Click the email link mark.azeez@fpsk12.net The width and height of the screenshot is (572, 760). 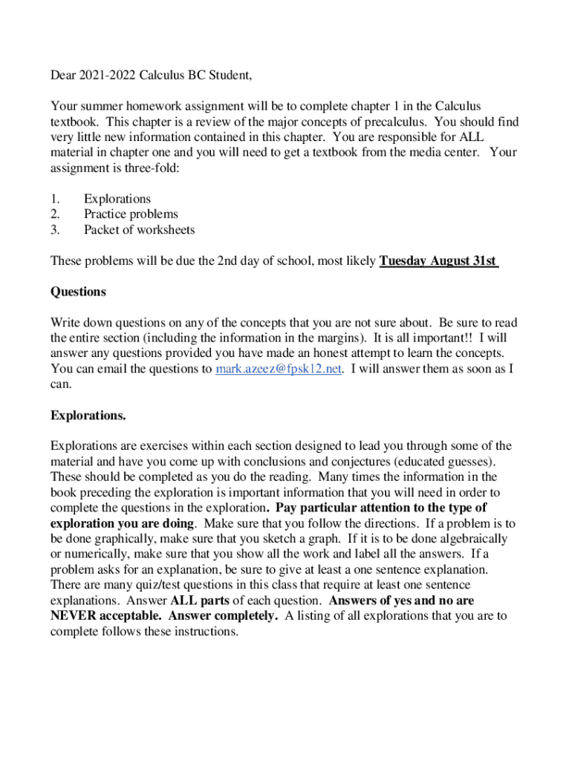tap(279, 369)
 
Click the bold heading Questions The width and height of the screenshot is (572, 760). tap(78, 292)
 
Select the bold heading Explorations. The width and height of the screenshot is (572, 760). tap(88, 416)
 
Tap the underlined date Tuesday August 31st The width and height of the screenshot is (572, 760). tap(438, 261)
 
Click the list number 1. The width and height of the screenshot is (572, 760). tap(54, 199)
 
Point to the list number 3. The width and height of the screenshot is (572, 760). tap(55, 229)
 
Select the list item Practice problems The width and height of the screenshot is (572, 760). tap(131, 214)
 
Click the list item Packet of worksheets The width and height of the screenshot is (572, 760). tap(139, 229)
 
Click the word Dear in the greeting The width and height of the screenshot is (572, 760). tap(64, 75)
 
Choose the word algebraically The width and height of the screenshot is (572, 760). tap(471, 539)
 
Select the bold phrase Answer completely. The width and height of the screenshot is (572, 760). tap(224, 616)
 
